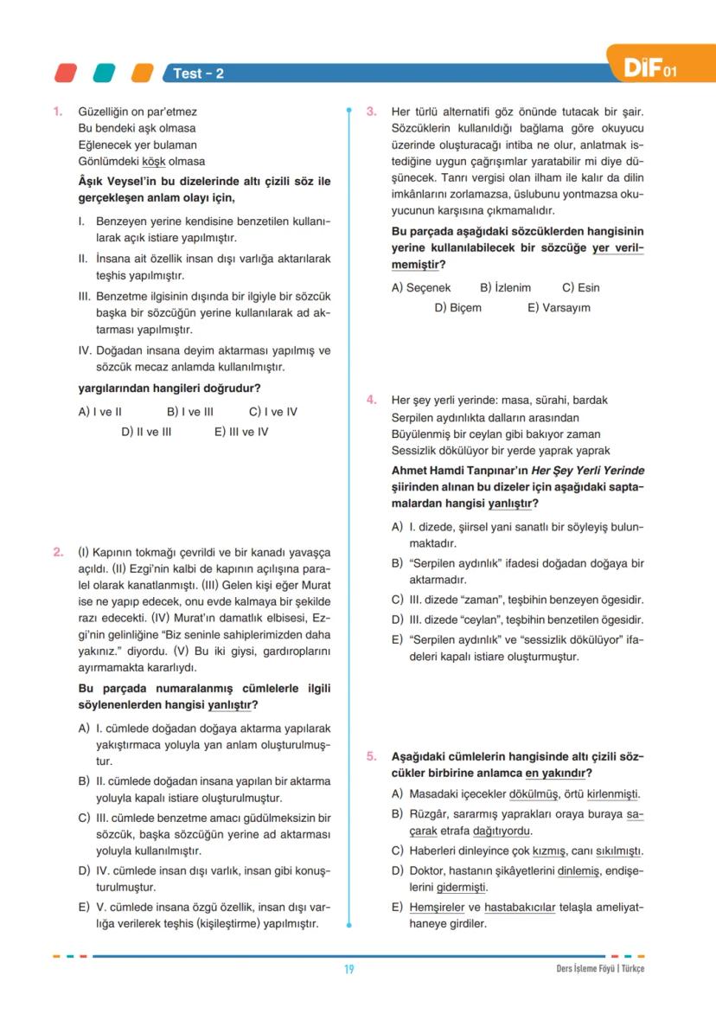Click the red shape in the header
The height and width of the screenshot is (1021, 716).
(66, 73)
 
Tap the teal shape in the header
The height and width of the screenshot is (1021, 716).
(104, 73)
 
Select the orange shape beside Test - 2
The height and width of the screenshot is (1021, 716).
(142, 73)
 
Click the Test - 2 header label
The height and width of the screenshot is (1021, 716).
(198, 74)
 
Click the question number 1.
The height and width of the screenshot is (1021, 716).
(57, 112)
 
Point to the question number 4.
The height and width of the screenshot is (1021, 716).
(371, 400)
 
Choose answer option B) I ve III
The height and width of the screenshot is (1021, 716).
(190, 412)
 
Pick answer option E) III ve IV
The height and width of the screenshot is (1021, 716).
(241, 432)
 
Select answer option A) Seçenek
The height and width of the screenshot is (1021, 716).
(421, 287)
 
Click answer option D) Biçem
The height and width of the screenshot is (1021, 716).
(458, 307)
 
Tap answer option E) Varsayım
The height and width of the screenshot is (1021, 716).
(559, 307)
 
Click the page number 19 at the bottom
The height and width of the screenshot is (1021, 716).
(349, 969)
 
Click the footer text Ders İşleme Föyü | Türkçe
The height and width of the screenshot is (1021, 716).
(600, 969)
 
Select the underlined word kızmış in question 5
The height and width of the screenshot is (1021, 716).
(548, 851)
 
